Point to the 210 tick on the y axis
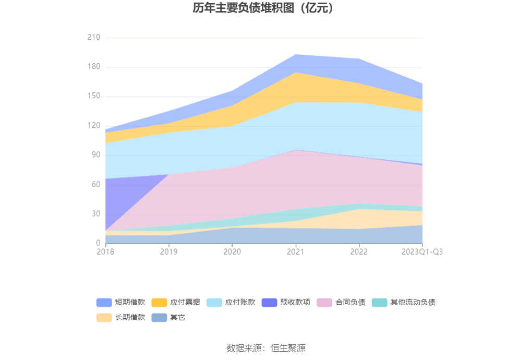pyautogui.click(x=94, y=38)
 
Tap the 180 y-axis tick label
pyautogui.click(x=94, y=67)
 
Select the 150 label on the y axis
pyautogui.click(x=94, y=97)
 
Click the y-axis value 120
pyautogui.click(x=94, y=126)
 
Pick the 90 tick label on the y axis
pyautogui.click(x=96, y=155)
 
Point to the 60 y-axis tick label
pyautogui.click(x=96, y=185)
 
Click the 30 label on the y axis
pyautogui.click(x=96, y=214)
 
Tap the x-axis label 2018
pyautogui.click(x=105, y=252)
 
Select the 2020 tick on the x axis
pyautogui.click(x=232, y=252)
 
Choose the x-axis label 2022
pyautogui.click(x=359, y=252)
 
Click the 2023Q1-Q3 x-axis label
pyautogui.click(x=422, y=252)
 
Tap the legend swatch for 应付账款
pyautogui.click(x=214, y=302)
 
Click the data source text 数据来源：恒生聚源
pyautogui.click(x=265, y=348)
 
